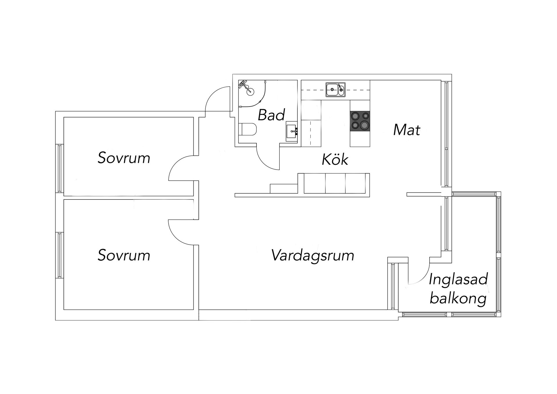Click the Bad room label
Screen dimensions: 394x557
pos(271,115)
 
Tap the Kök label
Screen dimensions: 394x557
pos(335,160)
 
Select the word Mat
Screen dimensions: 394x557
pos(406,130)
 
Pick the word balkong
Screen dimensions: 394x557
pos(458,299)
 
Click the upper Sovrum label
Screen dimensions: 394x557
pos(124,158)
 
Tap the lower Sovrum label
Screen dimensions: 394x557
pos(124,256)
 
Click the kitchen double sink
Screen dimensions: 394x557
pos(335,89)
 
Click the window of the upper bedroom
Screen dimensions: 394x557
pos(60,168)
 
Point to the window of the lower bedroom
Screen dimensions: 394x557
pos(60,255)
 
